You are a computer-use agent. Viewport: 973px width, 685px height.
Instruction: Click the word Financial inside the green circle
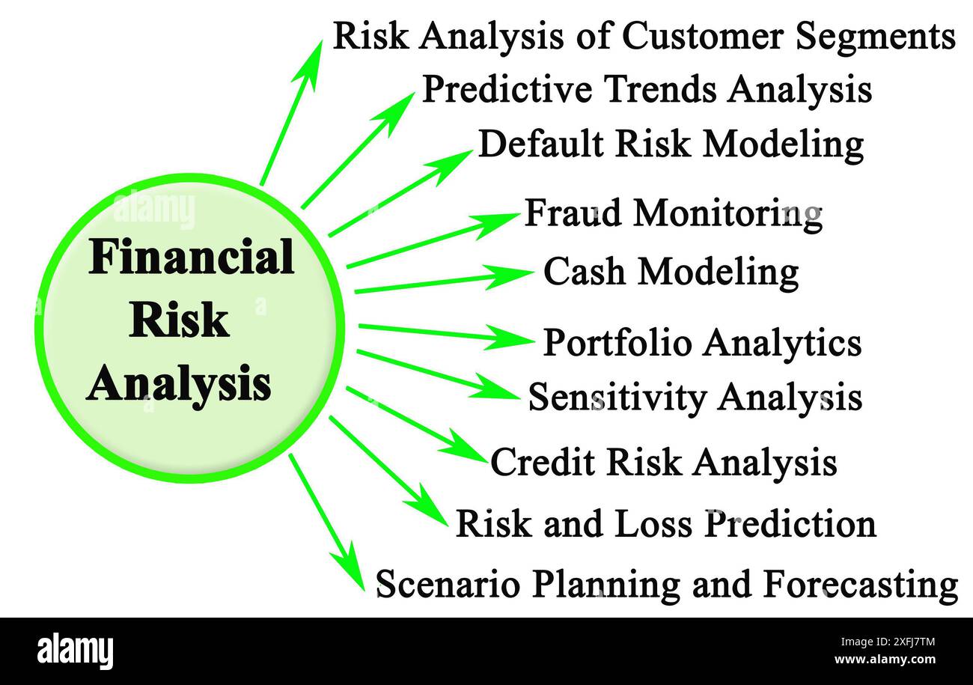coord(191,258)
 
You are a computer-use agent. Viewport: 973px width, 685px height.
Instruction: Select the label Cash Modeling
coord(671,272)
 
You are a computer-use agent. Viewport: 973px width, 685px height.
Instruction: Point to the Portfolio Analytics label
coord(701,343)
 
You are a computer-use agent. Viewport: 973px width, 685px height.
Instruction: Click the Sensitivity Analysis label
coord(695,397)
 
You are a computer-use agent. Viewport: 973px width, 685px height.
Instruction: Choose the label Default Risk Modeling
coord(671,144)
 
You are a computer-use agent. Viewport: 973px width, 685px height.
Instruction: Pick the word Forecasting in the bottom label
coord(861,584)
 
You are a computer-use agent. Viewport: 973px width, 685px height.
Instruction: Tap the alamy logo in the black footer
coord(75,651)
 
